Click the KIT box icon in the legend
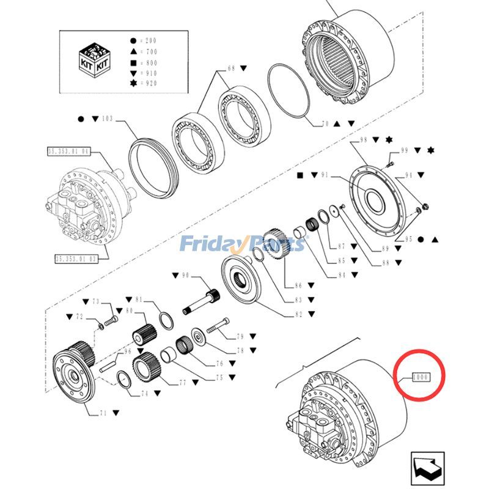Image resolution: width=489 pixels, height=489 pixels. coord(95,62)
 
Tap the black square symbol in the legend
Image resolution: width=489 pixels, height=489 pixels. coord(133,62)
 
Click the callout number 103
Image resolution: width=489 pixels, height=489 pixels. coord(108,117)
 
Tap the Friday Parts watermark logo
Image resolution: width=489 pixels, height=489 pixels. coord(242,244)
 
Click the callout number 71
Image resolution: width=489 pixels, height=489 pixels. coord(103,414)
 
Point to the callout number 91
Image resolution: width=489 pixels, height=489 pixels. coord(324,175)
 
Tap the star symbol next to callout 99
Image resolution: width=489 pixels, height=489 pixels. coord(431,150)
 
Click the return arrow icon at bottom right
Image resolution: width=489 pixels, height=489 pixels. coord(426,468)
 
